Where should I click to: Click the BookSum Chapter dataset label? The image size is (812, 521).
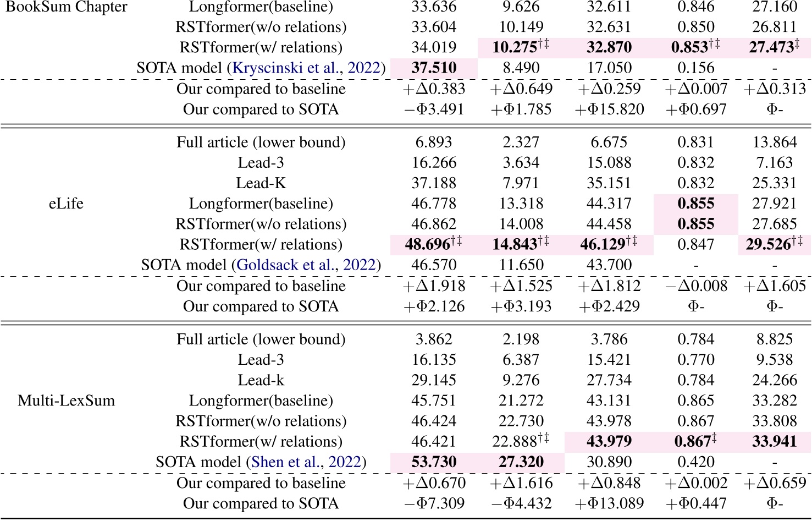coord(66,7)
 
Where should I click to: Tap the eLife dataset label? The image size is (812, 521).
coord(66,204)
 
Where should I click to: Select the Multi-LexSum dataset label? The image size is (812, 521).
coord(66,401)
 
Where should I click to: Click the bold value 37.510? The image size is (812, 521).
coord(434,68)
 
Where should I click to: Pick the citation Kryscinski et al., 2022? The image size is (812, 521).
coord(306,68)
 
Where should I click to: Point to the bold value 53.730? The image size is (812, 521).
coord(434,462)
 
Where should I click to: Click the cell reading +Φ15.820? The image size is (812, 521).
coord(609,109)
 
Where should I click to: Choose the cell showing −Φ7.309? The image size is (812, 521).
coord(434,503)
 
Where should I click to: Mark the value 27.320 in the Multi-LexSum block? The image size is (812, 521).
coord(521,462)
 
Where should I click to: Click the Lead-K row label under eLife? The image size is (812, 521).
coord(261,183)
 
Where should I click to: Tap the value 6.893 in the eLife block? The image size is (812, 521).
coord(434,142)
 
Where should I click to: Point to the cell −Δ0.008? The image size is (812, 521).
coord(696,286)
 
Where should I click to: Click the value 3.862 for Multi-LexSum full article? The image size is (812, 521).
coord(434,339)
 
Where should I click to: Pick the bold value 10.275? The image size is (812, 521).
coord(515,48)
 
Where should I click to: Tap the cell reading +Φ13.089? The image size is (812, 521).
coord(609,503)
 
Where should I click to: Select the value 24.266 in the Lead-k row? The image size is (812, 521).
coord(775,380)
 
